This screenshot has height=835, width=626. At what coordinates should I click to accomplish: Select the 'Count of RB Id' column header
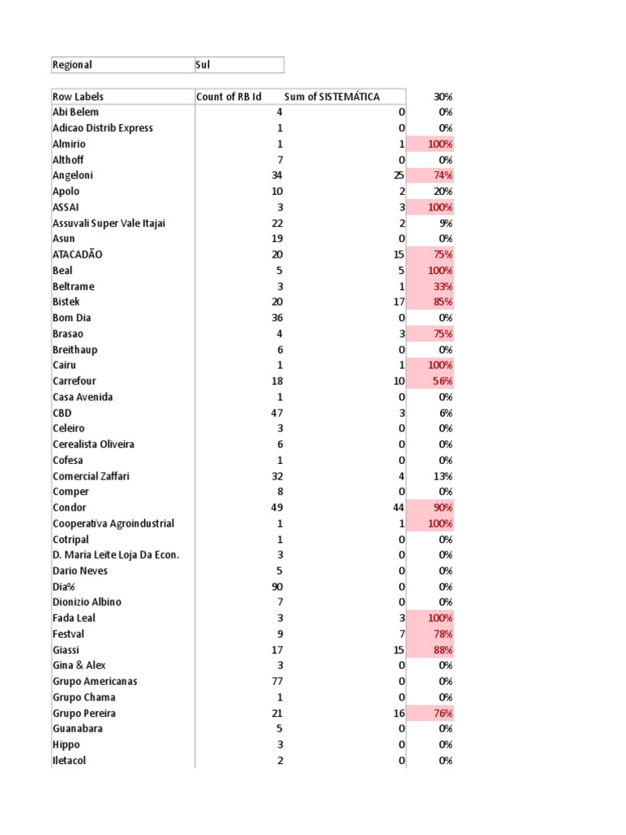point(228,96)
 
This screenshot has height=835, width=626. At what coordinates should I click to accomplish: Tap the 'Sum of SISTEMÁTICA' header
point(332,96)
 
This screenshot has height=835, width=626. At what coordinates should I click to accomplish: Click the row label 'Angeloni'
point(73,175)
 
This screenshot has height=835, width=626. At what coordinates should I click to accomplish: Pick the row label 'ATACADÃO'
point(77,254)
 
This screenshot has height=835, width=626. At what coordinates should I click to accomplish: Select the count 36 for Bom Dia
point(277,318)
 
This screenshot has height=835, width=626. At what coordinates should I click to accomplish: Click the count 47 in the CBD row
point(277,413)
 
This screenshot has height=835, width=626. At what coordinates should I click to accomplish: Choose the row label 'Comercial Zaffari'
point(90,476)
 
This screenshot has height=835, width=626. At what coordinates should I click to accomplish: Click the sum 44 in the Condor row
point(399,507)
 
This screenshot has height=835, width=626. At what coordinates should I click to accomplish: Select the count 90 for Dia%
point(277,586)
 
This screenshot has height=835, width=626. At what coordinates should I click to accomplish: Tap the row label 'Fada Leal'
point(73,618)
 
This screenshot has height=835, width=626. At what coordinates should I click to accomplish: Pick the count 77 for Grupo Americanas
point(277,681)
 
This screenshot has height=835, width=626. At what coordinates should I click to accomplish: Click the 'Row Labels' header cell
point(78,96)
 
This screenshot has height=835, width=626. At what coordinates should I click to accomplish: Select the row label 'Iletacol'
point(69,760)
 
